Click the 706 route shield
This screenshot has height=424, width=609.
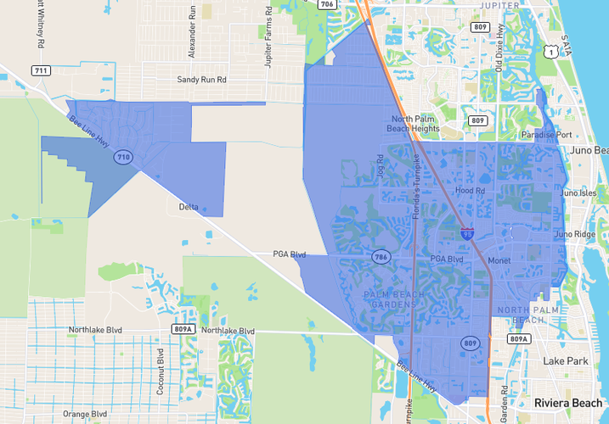tap(327, 4)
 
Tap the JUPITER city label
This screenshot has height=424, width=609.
tap(499, 5)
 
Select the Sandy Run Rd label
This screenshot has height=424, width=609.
tap(202, 80)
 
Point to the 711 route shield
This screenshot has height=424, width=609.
tap(39, 70)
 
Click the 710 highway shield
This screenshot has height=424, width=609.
tap(124, 157)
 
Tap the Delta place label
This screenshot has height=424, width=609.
tap(189, 207)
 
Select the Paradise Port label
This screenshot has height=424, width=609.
tap(546, 135)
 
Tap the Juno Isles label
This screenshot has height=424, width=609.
tap(578, 192)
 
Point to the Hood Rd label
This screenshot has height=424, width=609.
tap(470, 192)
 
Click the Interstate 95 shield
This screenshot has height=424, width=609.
tap(467, 231)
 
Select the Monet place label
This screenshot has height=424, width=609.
tap(499, 261)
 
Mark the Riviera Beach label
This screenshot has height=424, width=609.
tap(567, 402)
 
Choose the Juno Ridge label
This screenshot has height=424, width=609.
tap(575, 234)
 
